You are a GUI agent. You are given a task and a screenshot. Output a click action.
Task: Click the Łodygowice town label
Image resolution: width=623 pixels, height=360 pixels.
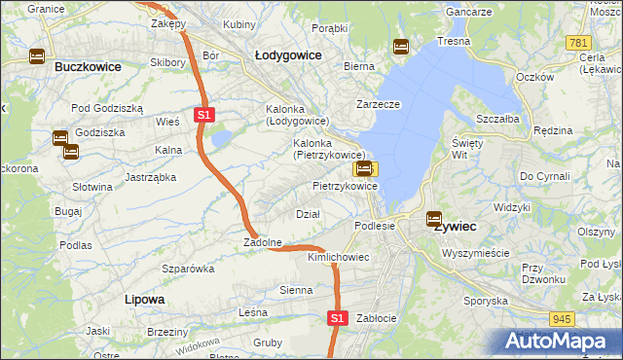(x=287, y=55)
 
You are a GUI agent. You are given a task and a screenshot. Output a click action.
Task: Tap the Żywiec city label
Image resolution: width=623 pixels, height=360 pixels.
(x=455, y=226)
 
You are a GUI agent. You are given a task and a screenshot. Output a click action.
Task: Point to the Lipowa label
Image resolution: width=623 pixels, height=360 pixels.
(x=144, y=300)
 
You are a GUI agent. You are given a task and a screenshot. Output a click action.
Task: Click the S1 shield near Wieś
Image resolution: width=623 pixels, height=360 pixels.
(x=203, y=115)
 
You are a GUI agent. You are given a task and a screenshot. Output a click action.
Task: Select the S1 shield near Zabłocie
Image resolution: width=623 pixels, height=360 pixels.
(x=337, y=318)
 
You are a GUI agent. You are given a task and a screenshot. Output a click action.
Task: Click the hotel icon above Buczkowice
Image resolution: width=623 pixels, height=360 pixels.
(x=37, y=56)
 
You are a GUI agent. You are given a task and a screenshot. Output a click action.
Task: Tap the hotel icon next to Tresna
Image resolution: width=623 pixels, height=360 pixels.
(x=400, y=46)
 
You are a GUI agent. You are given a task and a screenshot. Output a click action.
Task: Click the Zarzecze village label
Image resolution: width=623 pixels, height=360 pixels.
(x=379, y=102)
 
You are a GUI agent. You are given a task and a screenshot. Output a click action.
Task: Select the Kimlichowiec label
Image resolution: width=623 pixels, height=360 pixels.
(x=338, y=258)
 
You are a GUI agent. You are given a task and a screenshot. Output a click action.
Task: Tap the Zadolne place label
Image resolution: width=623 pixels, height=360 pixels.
(x=263, y=242)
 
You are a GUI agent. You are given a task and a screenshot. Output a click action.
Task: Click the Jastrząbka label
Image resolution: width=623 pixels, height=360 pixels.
(x=150, y=177)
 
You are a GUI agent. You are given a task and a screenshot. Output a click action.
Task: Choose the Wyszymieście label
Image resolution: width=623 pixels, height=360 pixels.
(x=475, y=253)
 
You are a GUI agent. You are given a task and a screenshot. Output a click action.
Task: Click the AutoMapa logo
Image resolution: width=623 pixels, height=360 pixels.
(x=559, y=341)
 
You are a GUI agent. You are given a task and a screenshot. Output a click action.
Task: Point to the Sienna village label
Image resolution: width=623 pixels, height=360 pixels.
(x=296, y=290)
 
